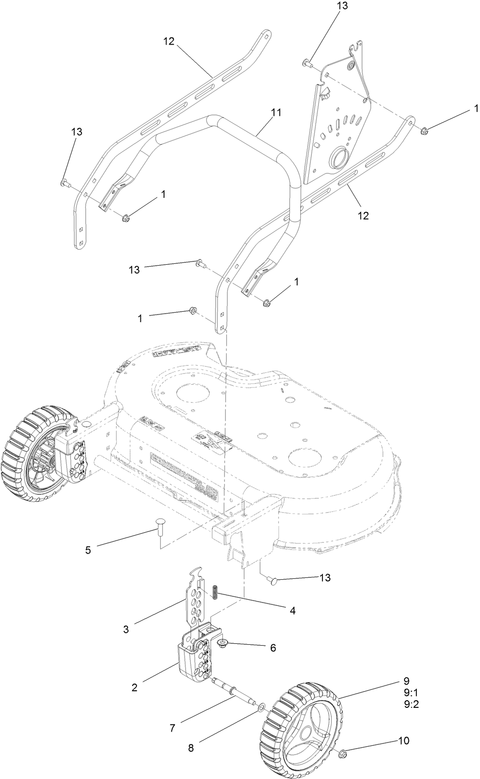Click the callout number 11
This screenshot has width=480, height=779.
click(x=276, y=113)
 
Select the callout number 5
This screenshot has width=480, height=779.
click(x=88, y=550)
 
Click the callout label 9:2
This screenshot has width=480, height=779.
click(x=411, y=705)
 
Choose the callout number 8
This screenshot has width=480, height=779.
click(x=191, y=749)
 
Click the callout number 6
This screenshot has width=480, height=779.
click(x=273, y=648)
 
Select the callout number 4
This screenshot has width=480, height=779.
click(x=293, y=611)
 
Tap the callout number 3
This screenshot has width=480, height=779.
click(x=126, y=630)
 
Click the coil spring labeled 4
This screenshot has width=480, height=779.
click(x=215, y=592)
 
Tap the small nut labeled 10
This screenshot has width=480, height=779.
click(x=344, y=741)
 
